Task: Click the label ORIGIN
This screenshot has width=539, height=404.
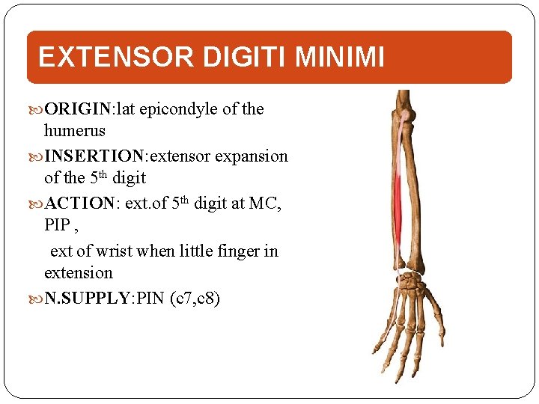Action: pyautogui.click(x=78, y=109)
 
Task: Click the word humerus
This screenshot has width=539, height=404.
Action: pyautogui.click(x=74, y=131)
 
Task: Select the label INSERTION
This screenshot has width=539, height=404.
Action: pyautogui.click(x=94, y=156)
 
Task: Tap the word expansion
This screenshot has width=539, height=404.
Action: pyautogui.click(x=252, y=156)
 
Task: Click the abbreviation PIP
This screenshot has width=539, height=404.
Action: pyautogui.click(x=58, y=225)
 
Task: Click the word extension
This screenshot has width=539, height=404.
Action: pyautogui.click(x=78, y=272)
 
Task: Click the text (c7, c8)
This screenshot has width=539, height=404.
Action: pyautogui.click(x=195, y=299)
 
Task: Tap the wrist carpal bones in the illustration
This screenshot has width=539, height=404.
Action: pyautogui.click(x=410, y=284)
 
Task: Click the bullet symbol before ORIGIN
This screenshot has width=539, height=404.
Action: pyautogui.click(x=38, y=110)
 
